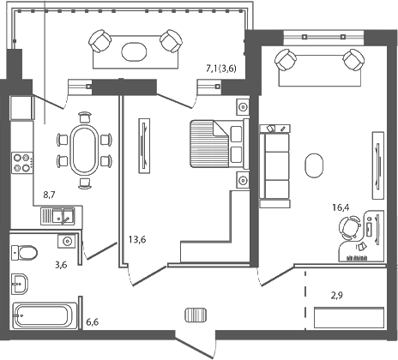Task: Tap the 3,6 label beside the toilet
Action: tap(60, 265)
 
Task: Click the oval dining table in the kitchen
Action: tap(83, 152)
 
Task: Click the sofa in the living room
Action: tap(275, 166)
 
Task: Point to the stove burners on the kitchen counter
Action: tap(21, 163)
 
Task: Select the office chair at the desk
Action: tap(347, 228)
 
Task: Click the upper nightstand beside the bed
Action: tap(242, 107)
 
